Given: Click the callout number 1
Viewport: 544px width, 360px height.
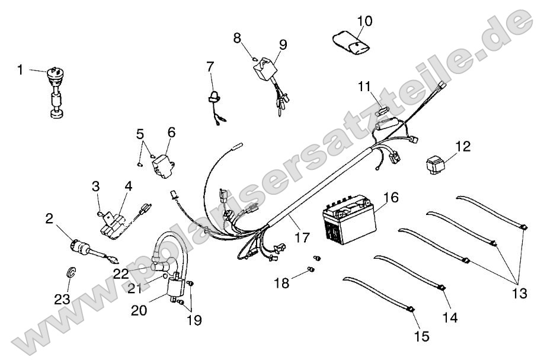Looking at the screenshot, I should click(20, 70).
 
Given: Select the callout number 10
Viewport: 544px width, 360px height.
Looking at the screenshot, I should click(365, 22).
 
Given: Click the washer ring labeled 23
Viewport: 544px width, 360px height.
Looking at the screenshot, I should click(71, 272).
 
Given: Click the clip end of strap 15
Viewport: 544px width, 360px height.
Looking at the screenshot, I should click(409, 308).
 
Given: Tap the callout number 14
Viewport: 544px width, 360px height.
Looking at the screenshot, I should click(450, 317).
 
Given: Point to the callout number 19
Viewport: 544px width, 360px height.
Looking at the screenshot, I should click(194, 320).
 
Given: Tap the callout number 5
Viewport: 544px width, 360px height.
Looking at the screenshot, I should click(140, 134).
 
